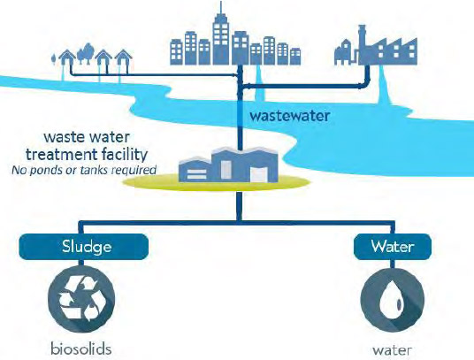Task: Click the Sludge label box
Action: pyautogui.click(x=84, y=247)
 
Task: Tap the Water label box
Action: pyautogui.click(x=393, y=247)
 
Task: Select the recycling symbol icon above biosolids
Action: pyautogui.click(x=81, y=299)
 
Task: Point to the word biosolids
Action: pyautogui.click(x=81, y=349)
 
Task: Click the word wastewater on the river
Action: pyautogui.click(x=289, y=117)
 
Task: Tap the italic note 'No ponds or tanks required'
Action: pyautogui.click(x=84, y=170)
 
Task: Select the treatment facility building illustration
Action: pyautogui.click(x=228, y=165)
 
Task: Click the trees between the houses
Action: pyautogui.click(x=85, y=53)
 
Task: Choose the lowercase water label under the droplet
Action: pyautogui.click(x=392, y=350)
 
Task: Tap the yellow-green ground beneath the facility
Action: pyautogui.click(x=217, y=183)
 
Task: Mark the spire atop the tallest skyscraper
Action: pyautogui.click(x=221, y=8)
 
